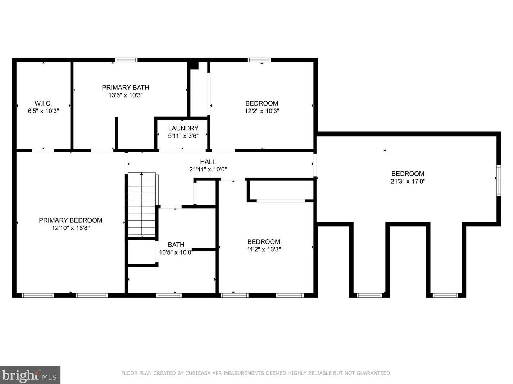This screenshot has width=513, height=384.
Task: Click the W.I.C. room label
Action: pos(43,103)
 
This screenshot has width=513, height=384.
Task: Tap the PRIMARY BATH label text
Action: pos(125,88)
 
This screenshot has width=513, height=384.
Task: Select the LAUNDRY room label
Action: pos(183,128)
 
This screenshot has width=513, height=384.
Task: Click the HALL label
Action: pos(208,162)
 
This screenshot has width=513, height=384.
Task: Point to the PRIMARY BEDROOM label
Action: pos(71,220)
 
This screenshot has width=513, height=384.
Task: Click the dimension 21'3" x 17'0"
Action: pos(408,182)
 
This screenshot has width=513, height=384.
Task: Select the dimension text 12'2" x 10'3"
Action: pos(262,111)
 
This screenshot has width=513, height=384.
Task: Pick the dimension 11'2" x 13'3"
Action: pos(264,249)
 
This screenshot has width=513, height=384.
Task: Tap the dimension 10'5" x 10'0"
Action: pos(176,253)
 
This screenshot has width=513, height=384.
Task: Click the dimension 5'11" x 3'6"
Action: pos(183,136)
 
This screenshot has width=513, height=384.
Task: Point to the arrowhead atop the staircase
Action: pos(142,174)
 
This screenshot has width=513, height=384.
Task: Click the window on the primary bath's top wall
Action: pos(126,60)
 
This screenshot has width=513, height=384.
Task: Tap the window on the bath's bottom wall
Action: pos(169,295)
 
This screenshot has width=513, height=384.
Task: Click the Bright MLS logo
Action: pos(30,375)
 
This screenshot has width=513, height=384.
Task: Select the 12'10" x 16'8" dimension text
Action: pos(71,228)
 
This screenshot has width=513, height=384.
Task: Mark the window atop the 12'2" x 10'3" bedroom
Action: pos(259,60)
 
